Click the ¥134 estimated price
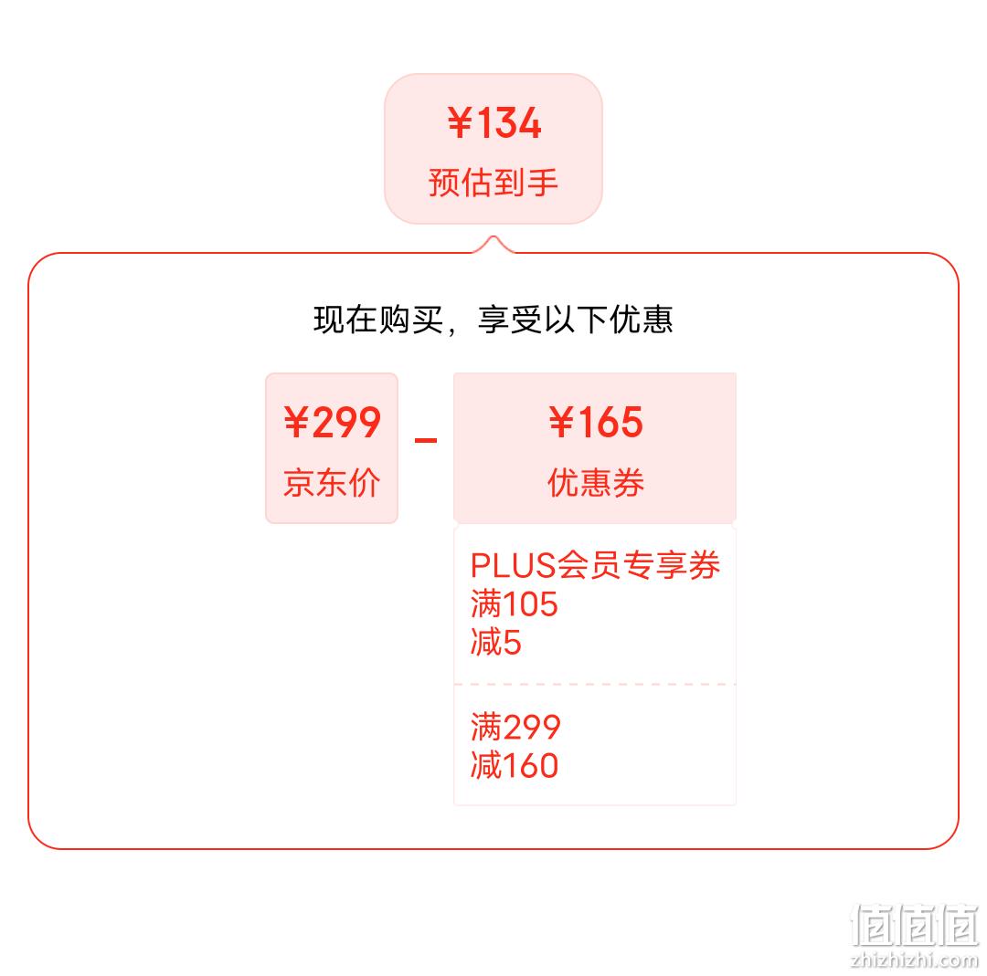(x=494, y=122)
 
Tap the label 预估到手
(x=493, y=183)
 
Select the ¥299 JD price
(x=332, y=422)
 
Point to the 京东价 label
(x=332, y=483)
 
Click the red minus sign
(x=426, y=440)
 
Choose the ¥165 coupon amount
(x=596, y=422)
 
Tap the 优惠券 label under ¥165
(x=596, y=483)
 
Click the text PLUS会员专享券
(x=595, y=565)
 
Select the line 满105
(x=515, y=603)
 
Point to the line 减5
(x=496, y=642)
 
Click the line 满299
(x=515, y=727)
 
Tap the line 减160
(x=515, y=765)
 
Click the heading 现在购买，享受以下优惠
(x=493, y=320)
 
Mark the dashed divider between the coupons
(x=595, y=684)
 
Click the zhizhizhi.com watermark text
(x=914, y=960)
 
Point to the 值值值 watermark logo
(x=915, y=925)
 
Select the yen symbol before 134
(x=460, y=122)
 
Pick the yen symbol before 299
(x=296, y=422)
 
